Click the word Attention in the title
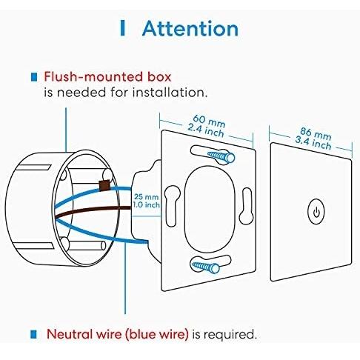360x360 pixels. click(190, 29)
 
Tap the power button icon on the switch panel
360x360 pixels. click(316, 212)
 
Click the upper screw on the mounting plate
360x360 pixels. click(221, 156)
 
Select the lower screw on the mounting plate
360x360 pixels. click(206, 267)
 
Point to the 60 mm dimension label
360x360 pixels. click(209, 121)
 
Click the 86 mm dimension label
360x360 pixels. click(316, 134)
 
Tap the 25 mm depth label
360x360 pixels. click(146, 197)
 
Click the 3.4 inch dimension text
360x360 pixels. click(313, 143)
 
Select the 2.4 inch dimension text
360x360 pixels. click(206, 130)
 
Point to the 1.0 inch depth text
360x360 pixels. click(146, 204)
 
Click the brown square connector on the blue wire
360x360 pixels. click(104, 185)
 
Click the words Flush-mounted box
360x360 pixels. click(107, 76)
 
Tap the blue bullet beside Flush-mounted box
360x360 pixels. click(34, 77)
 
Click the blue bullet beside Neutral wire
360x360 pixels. click(33, 334)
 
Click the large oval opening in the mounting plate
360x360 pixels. click(210, 209)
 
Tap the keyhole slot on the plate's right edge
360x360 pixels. click(247, 206)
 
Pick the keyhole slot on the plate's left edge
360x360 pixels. click(173, 206)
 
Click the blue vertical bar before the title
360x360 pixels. click(122, 28)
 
